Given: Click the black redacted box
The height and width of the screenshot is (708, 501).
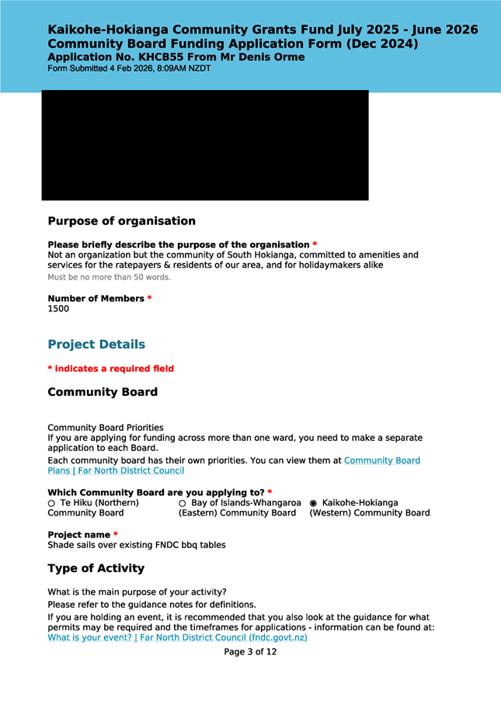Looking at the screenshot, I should click(205, 145).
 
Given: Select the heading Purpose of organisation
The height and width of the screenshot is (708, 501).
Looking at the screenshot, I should click(121, 221).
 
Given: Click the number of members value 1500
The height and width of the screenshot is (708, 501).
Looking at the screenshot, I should click(58, 309).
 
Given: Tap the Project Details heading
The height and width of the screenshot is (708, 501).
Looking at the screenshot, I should click(96, 345).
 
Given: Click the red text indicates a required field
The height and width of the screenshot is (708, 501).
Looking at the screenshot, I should click(113, 369).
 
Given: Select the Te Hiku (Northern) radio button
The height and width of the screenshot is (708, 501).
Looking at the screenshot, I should click(52, 503).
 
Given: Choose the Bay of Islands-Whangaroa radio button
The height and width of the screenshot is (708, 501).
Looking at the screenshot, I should click(183, 503).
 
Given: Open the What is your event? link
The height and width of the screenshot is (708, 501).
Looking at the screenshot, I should click(178, 637).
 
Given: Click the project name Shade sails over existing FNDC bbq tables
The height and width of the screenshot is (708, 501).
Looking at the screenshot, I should click(137, 545).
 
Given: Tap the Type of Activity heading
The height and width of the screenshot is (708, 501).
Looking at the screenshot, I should click(96, 568).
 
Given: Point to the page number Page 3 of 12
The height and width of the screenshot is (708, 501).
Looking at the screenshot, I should click(250, 652).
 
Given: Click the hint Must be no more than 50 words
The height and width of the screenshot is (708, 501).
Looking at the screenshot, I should click(109, 277).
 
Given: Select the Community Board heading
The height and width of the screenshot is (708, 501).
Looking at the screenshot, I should click(103, 392).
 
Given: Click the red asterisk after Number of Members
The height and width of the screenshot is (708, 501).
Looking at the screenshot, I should click(149, 299).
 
